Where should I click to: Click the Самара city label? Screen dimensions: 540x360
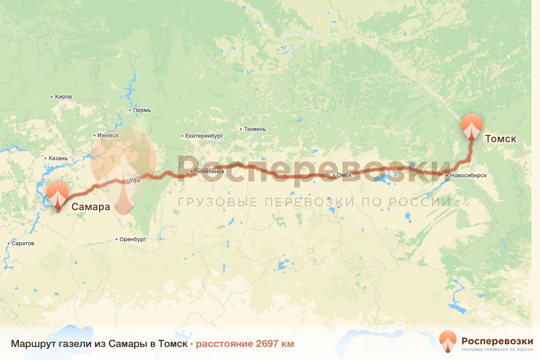pyautogui.click(x=91, y=207)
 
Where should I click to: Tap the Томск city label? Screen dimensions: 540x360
pyautogui.click(x=500, y=139)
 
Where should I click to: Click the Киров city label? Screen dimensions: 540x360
pyautogui.click(x=63, y=97)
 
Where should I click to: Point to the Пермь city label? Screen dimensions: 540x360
pyautogui.click(x=141, y=110)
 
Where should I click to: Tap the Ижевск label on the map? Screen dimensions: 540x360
pyautogui.click(x=108, y=135)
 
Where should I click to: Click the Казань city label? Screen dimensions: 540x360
pyautogui.click(x=58, y=158)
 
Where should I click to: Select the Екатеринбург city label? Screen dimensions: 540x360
pyautogui.click(x=204, y=135)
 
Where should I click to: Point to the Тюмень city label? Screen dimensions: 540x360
pyautogui.click(x=255, y=129)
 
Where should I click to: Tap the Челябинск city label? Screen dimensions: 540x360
pyautogui.click(x=209, y=171)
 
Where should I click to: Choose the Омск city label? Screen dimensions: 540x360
pyautogui.click(x=343, y=175)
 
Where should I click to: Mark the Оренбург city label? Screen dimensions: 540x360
pyautogui.click(x=133, y=239)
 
